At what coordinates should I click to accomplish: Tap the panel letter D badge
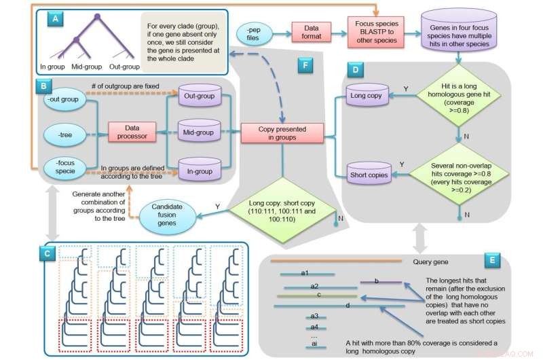coord(355,69)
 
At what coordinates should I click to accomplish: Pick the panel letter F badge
coord(305,65)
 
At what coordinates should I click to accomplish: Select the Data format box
coord(312,31)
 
